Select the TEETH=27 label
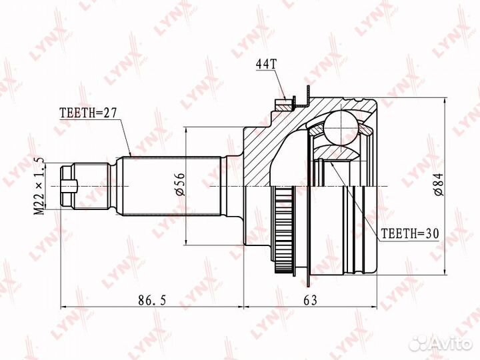tap(88, 113)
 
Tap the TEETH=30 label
tap(410, 233)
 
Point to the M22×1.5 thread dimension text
tap(39, 187)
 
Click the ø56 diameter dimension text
tap(180, 184)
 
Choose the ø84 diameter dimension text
tap(439, 184)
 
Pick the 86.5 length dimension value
tap(152, 300)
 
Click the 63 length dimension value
tap(311, 300)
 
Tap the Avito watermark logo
tap(441, 344)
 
